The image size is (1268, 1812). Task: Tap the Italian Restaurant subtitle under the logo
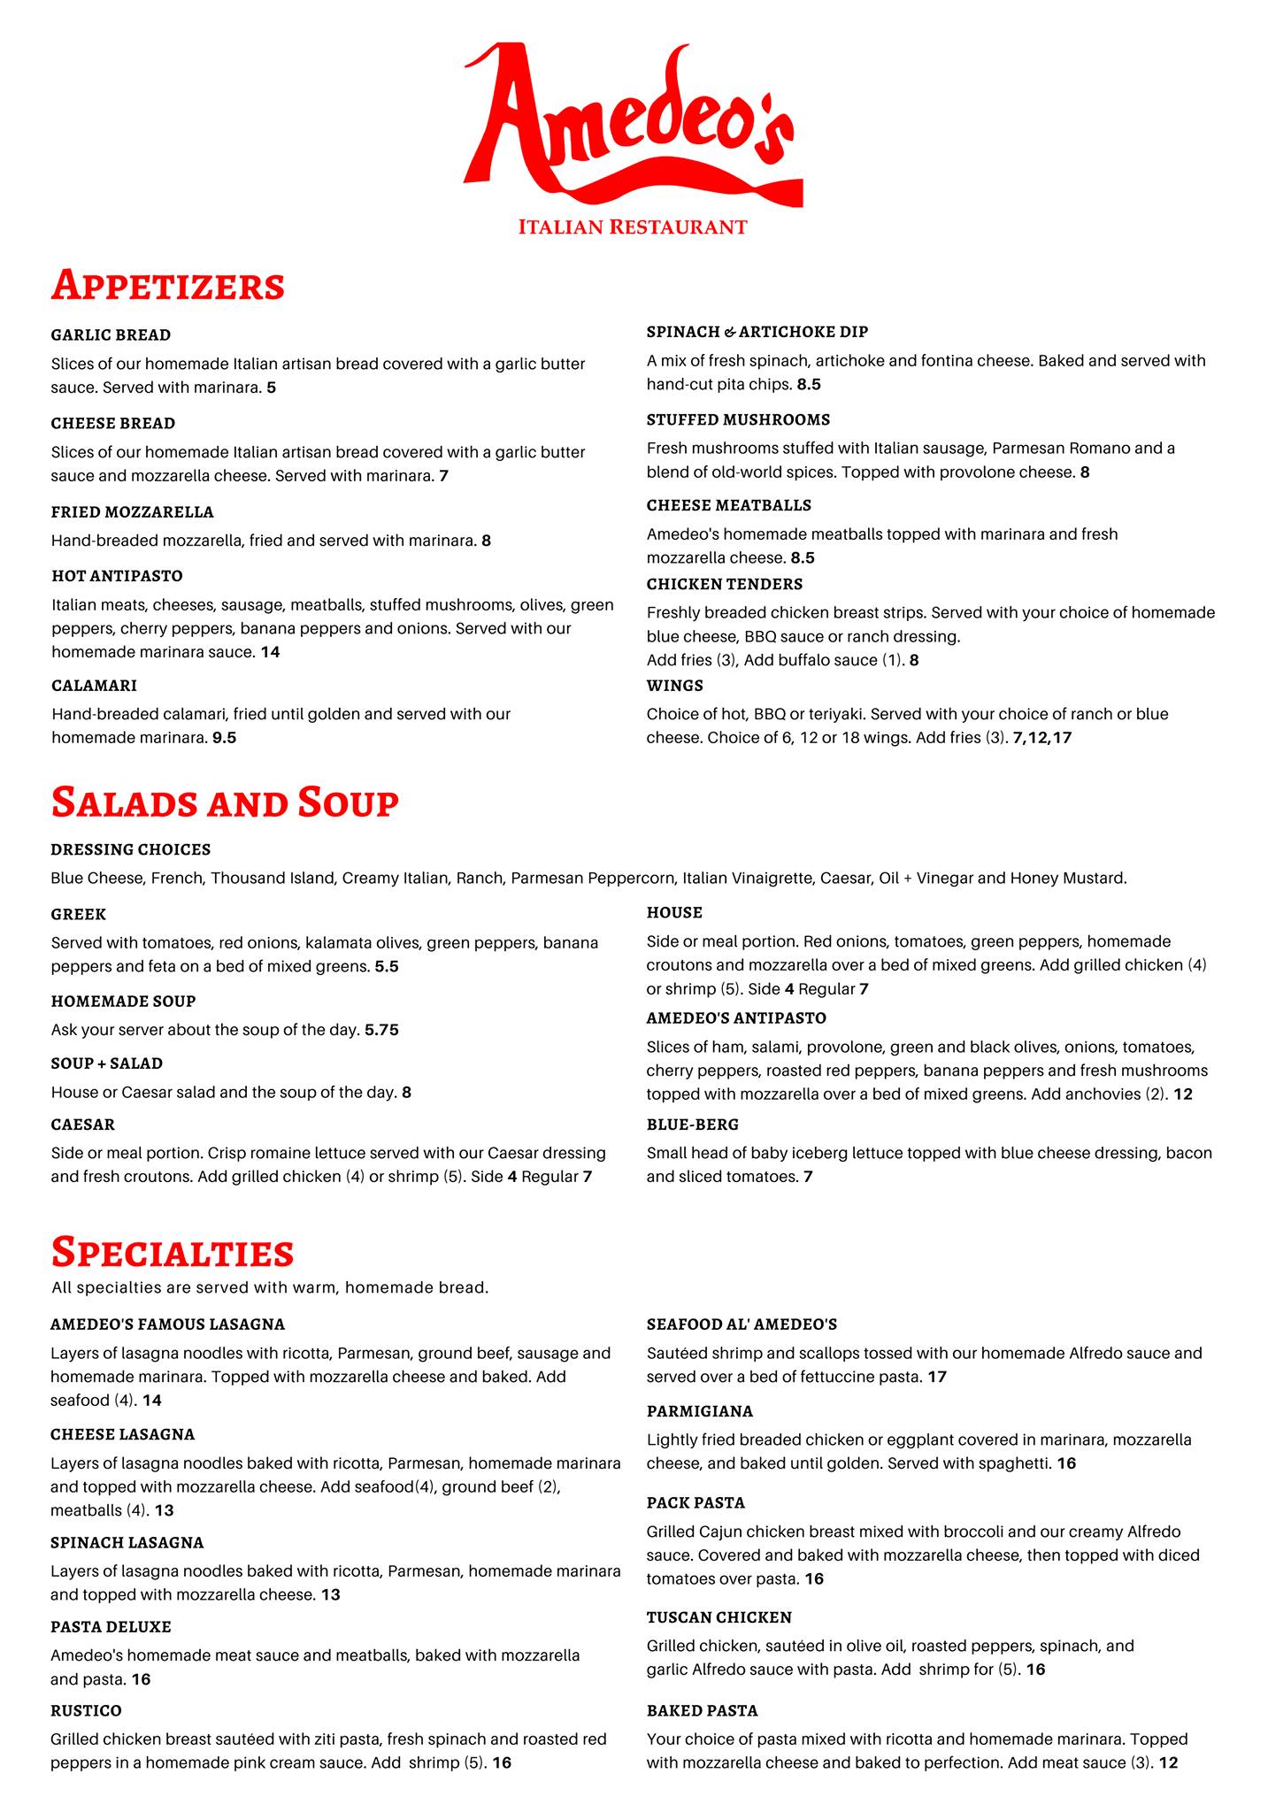tap(633, 227)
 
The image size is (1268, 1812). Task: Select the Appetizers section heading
tap(168, 285)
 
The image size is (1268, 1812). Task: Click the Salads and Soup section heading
tap(225, 802)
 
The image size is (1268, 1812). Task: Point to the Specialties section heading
tap(173, 1252)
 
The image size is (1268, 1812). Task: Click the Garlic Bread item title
tap(111, 335)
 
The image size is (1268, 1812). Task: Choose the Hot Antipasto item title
tap(117, 576)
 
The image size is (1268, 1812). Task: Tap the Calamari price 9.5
tap(224, 737)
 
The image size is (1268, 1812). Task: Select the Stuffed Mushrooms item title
tap(738, 419)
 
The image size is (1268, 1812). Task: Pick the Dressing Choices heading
tap(131, 849)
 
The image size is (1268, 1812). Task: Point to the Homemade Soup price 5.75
tap(382, 1030)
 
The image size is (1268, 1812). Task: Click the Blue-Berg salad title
tap(692, 1125)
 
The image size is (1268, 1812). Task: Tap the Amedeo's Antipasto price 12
tap(1182, 1094)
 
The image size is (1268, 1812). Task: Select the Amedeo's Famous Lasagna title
tap(168, 1324)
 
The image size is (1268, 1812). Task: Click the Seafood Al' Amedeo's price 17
tap(937, 1377)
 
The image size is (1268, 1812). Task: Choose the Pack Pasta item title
tap(695, 1502)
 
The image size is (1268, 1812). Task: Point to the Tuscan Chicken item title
tap(719, 1617)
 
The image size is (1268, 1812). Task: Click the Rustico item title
tap(86, 1710)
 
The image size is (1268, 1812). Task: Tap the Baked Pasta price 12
tap(1168, 1762)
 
